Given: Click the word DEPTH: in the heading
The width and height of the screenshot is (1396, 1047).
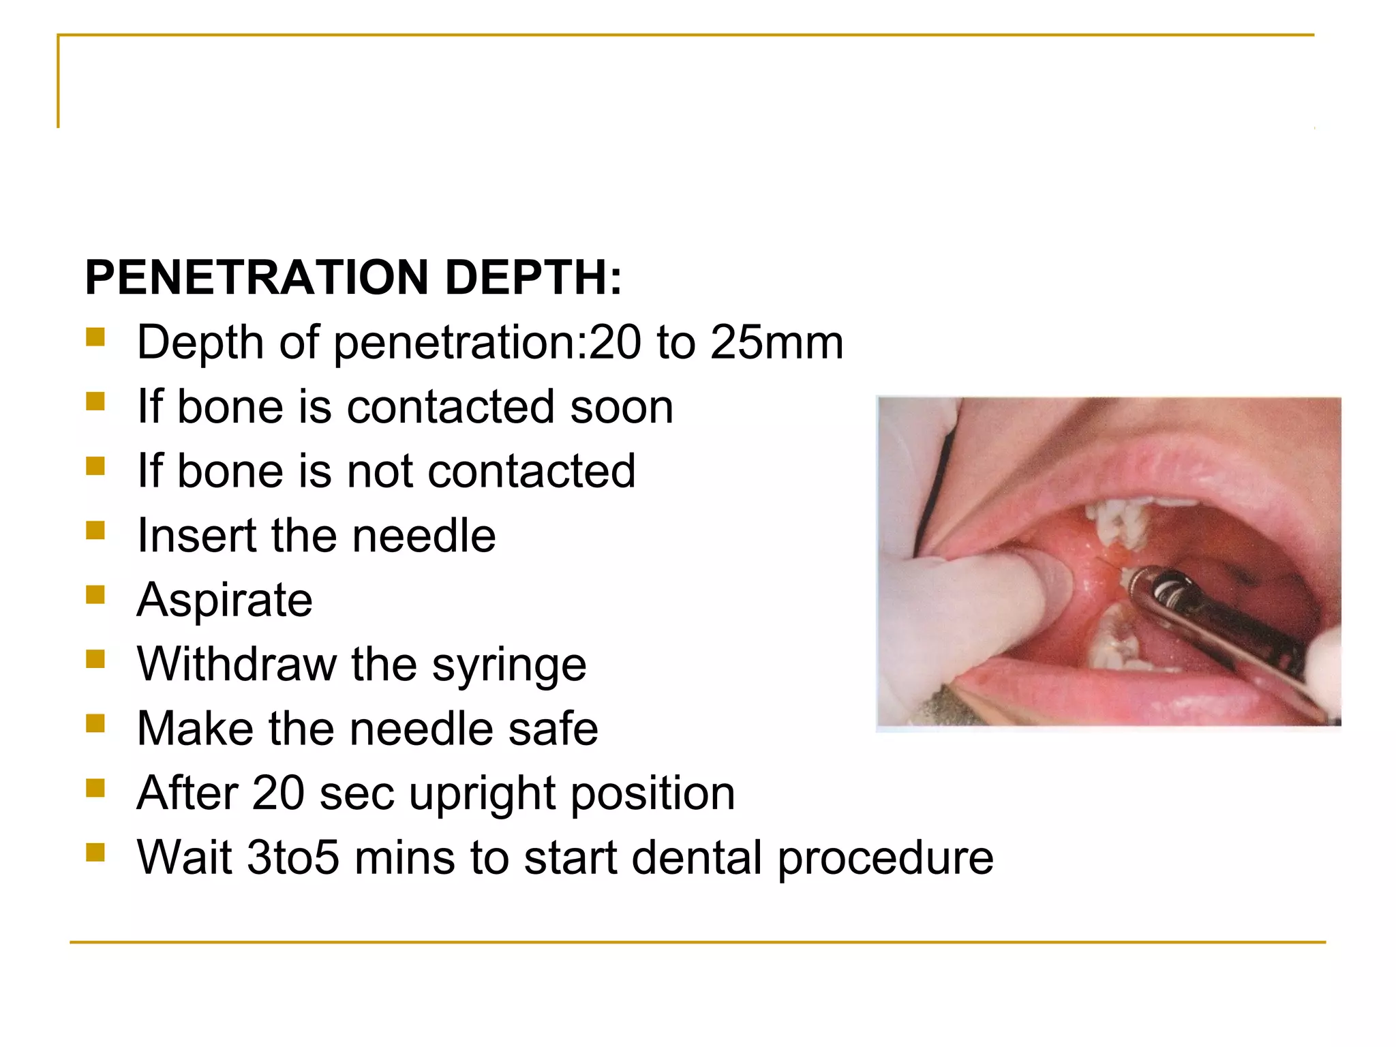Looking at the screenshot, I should point(533,278).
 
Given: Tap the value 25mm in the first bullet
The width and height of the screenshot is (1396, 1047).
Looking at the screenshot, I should point(776,342).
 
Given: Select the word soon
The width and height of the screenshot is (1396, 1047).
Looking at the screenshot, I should point(621,408).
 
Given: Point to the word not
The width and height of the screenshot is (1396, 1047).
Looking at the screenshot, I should point(380,471).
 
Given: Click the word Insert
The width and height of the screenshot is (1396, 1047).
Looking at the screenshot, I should point(196,536).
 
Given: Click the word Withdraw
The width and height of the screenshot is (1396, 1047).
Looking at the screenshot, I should point(236,665).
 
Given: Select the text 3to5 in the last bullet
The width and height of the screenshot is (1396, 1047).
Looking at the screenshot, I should point(292,858).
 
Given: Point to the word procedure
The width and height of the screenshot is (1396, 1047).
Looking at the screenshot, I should point(885,859).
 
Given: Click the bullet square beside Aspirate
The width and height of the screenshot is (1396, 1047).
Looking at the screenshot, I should point(95,595).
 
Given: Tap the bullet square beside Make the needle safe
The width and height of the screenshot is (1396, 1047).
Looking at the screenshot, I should point(95,723).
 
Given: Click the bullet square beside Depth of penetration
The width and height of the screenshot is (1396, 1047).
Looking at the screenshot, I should point(95,337).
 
